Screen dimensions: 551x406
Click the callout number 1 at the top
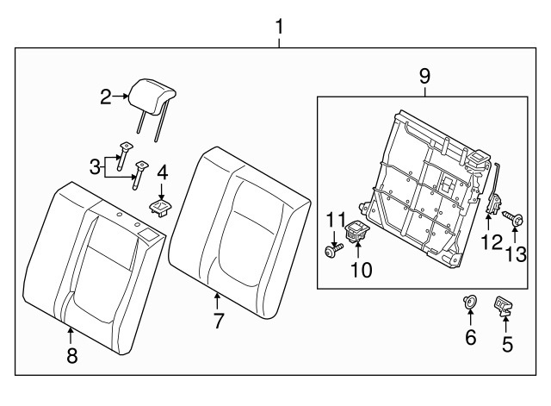279,27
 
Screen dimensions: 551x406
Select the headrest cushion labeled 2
152,96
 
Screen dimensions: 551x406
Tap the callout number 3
95,167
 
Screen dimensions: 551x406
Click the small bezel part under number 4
161,207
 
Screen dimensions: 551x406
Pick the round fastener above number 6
469,302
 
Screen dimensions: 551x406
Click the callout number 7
219,321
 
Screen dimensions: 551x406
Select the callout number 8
72,355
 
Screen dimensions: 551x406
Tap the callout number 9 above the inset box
424,76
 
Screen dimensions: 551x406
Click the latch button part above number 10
356,230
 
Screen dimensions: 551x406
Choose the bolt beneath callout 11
333,251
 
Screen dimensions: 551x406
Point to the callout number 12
492,242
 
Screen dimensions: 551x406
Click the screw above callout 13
513,219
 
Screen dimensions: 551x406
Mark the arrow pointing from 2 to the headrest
121,96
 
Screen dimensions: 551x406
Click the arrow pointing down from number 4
161,192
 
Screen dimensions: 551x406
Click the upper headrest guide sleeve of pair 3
124,156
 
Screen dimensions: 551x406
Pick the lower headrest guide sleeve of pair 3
139,175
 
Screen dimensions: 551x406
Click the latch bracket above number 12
493,197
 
